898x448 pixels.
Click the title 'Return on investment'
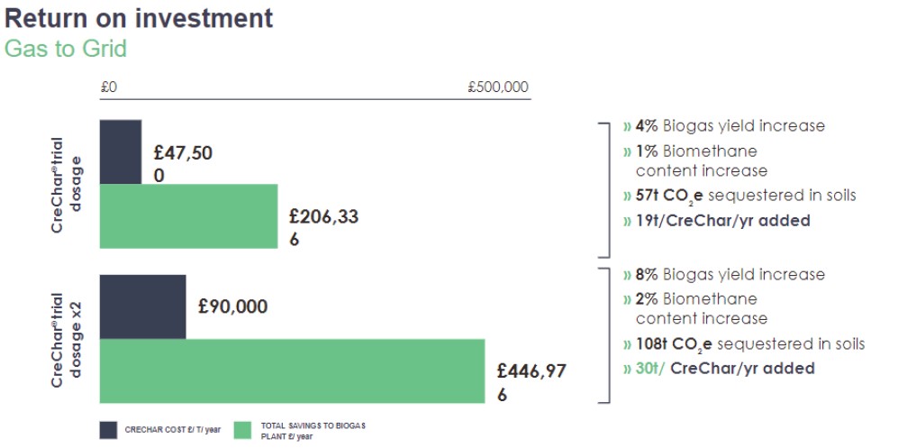pos(139,17)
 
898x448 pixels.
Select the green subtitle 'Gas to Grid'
pos(66,49)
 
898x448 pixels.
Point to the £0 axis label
pos(109,87)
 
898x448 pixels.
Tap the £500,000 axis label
pos(498,87)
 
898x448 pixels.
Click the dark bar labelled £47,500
pos(121,151)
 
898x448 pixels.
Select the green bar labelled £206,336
pos(188,216)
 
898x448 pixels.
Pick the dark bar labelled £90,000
pos(142,306)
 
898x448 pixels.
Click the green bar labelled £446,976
pos(292,370)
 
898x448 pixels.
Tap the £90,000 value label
pos(232,307)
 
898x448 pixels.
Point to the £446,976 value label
pos(531,382)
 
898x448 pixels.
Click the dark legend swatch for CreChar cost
pos(108,429)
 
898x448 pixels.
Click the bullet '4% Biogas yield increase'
pos(723,126)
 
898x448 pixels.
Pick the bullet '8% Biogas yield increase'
pos(723,274)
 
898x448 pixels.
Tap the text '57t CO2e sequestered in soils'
pos(739,196)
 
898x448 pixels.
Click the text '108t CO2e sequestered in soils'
pos(743,344)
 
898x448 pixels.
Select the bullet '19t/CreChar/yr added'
pos(716,220)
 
